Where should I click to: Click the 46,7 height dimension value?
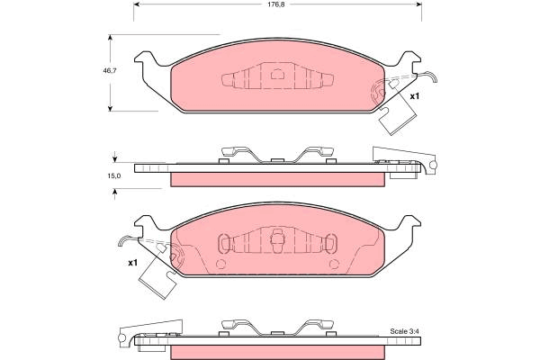pyautogui.click(x=110, y=70)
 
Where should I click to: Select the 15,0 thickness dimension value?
pyautogui.click(x=114, y=175)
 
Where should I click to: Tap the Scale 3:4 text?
pyautogui.click(x=404, y=331)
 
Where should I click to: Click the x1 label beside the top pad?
pyautogui.click(x=415, y=96)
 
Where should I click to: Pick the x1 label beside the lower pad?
pyautogui.click(x=132, y=263)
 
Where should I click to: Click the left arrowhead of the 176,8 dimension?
pyautogui.click(x=136, y=4)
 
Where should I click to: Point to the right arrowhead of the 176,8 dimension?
pyautogui.click(x=419, y=4)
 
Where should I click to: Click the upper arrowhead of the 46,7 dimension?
pyautogui.click(x=110, y=37)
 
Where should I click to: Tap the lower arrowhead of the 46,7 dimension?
pyautogui.click(x=110, y=109)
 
